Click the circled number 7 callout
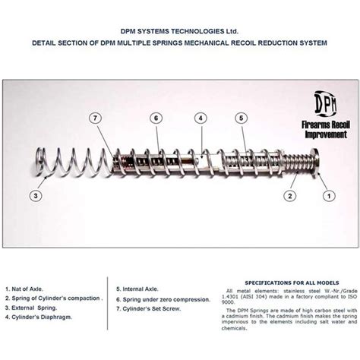[x=94, y=118]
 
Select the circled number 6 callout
[x=155, y=118]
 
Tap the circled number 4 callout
[x=200, y=118]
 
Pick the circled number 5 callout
[x=241, y=118]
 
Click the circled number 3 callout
[x=36, y=195]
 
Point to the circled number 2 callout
[x=289, y=195]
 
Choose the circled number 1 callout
[x=328, y=195]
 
